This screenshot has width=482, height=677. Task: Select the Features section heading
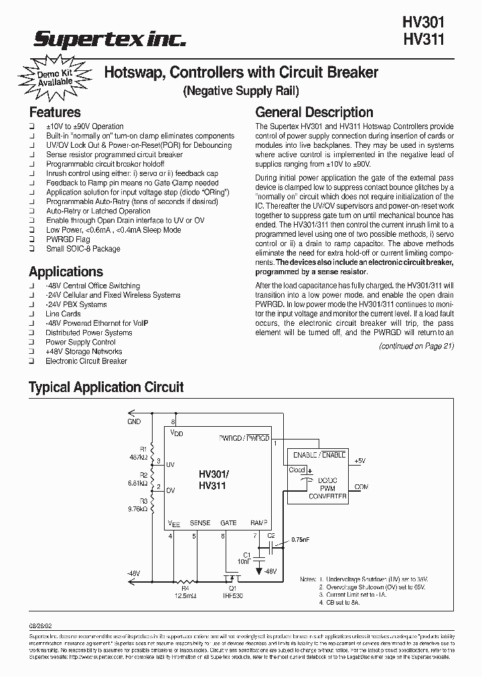(x=54, y=112)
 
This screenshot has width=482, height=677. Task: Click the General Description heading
(x=314, y=112)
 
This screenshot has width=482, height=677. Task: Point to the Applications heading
(x=66, y=272)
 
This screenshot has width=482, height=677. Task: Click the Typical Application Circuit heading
(x=106, y=387)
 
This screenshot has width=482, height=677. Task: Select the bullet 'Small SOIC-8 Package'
(x=83, y=249)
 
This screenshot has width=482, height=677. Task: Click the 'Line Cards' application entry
(x=63, y=314)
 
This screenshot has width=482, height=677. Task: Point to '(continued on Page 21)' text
(x=416, y=346)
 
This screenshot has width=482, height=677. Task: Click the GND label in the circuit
(x=134, y=422)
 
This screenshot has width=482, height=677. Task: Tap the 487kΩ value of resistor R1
(x=139, y=457)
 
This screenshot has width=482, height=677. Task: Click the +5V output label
(x=360, y=462)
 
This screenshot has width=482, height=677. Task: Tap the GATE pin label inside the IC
(x=228, y=523)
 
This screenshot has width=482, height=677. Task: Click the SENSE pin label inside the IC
(x=199, y=523)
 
